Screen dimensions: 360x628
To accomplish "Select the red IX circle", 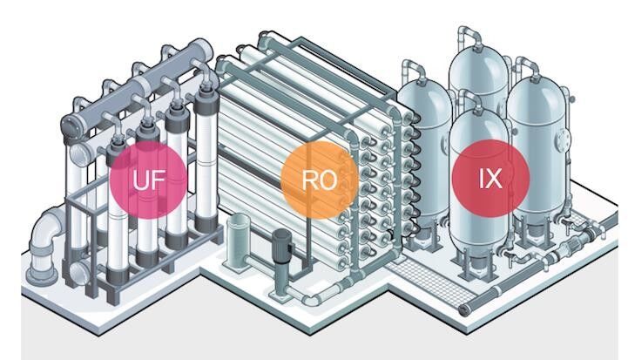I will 490,178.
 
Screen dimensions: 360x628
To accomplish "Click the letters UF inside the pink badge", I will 147,180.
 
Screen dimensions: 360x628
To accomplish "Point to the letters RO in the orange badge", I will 319,180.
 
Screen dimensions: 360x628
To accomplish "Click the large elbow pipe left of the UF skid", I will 44,237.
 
